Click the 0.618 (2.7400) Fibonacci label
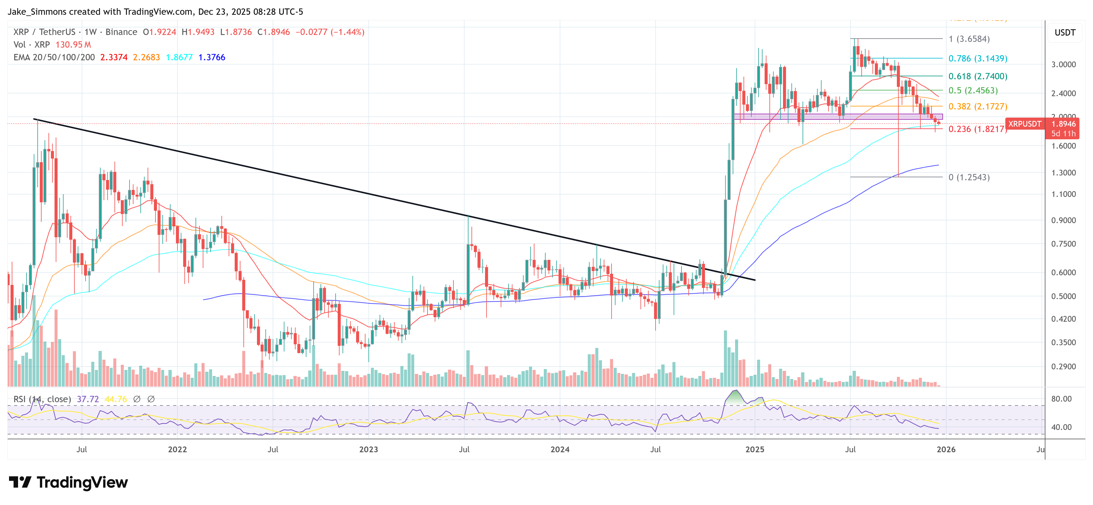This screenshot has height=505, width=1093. pos(978,77)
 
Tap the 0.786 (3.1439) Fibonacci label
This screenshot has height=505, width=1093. pos(978,58)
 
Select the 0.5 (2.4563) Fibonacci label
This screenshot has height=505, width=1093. pos(973,90)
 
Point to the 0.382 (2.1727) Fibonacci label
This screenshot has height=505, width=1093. pos(978,107)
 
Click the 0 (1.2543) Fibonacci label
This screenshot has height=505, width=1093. pos(969,178)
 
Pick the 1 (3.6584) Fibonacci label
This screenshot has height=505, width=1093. pos(969,39)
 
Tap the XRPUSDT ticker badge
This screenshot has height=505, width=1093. pos(1024,124)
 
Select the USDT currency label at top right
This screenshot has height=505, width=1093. pos(1065,33)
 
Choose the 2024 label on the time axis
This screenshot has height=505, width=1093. pos(560,449)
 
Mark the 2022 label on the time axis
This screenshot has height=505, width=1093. pos(177,449)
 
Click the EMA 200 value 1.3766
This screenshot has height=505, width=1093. pos(212,57)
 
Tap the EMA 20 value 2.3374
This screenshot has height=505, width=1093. pos(114,57)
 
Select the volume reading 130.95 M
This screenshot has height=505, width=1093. pos(73,45)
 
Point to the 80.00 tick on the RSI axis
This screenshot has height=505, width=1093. pos(1061,399)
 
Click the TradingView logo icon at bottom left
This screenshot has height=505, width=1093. pos(20,482)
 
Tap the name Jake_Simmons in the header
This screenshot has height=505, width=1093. pos(37,11)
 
